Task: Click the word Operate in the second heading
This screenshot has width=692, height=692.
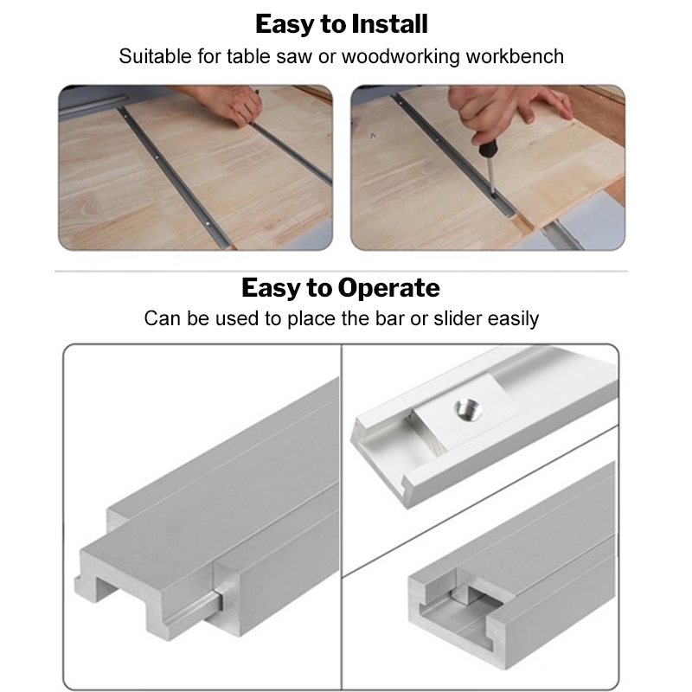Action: pos(388,289)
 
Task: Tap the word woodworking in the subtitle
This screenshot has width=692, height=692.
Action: pos(400,56)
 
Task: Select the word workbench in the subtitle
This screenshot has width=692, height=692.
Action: pos(515,56)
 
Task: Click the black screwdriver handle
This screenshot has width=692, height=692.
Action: pos(487,148)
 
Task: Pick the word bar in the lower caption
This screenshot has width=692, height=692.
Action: pos(389,318)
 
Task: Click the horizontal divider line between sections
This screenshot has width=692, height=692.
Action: pos(341,271)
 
